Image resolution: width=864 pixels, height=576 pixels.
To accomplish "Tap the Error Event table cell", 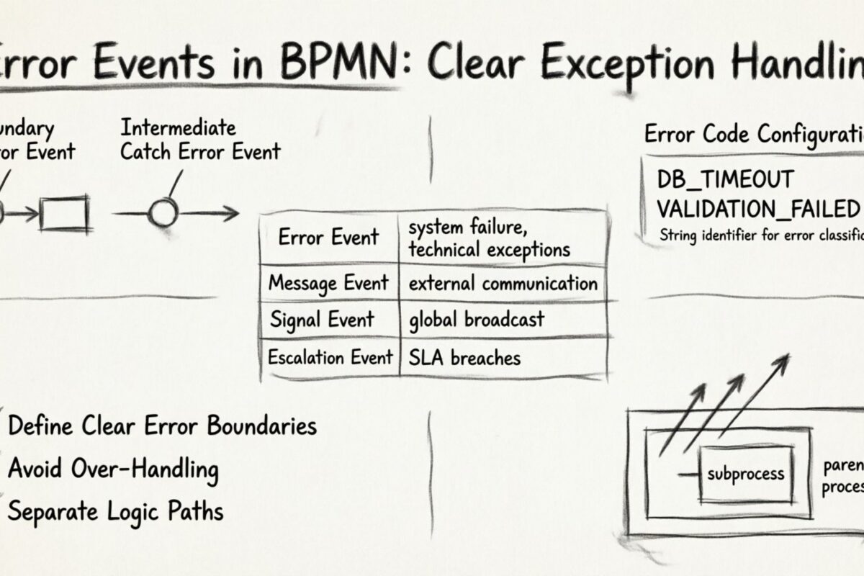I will (x=328, y=238).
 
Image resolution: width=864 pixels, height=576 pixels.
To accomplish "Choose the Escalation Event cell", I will (x=330, y=357).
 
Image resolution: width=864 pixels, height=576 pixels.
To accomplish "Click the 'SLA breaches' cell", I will (x=464, y=357).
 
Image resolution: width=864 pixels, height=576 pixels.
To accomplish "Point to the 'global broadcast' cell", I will (x=476, y=320).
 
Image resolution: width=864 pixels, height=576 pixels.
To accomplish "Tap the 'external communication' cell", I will (x=503, y=283).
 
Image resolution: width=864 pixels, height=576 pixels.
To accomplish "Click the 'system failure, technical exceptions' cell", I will (x=490, y=238).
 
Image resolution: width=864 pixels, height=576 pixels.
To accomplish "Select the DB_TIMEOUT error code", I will (x=725, y=179).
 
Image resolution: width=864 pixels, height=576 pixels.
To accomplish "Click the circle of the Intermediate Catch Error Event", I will (x=162, y=213).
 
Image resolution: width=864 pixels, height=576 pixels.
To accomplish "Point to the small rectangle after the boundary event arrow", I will (x=64, y=214).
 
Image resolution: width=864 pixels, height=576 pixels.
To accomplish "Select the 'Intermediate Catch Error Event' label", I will (x=199, y=140).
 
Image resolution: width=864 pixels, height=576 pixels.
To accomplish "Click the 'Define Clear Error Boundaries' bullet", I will (x=162, y=426).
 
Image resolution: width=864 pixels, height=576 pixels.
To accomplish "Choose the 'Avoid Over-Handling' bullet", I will (x=113, y=469).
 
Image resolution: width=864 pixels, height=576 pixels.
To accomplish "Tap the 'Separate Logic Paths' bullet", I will (x=115, y=511).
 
